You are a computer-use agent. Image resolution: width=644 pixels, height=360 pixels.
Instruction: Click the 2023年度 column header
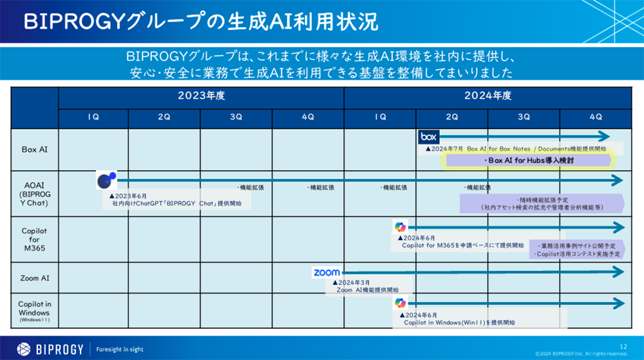pos(201,97)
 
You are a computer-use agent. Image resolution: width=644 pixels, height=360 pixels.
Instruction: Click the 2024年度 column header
pos(488,97)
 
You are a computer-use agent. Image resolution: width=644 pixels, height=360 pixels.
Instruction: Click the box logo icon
pos(429,137)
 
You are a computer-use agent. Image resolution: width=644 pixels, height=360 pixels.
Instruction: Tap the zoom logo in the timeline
pos(327,272)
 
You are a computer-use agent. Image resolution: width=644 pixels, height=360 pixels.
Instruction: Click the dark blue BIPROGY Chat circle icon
pos(106,181)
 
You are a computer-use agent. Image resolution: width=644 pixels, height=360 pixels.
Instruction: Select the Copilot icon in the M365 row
pos(401,227)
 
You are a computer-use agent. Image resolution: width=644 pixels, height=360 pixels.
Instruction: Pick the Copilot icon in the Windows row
pos(401,303)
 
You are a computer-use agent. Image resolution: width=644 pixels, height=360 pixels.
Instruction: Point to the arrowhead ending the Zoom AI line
pos(620,272)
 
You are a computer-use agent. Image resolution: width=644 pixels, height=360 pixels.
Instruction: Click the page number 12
pos(623,346)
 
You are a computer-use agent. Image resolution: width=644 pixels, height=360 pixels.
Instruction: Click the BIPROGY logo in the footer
pos(50,349)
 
